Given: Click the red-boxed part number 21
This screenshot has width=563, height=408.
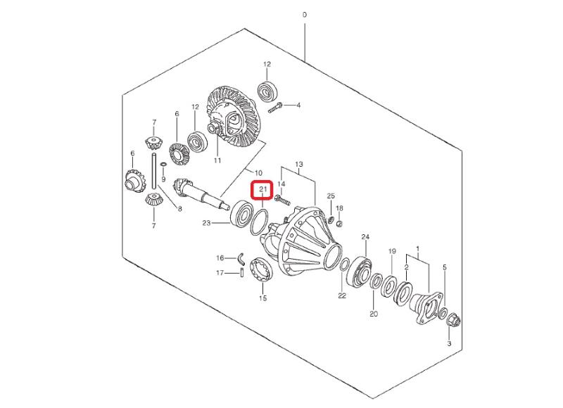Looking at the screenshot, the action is (x=262, y=189).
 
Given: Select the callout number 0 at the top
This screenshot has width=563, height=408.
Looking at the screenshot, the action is (x=305, y=15).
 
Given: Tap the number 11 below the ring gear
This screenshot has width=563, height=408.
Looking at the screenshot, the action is (x=217, y=160).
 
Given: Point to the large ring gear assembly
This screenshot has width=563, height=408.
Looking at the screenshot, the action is (x=232, y=116).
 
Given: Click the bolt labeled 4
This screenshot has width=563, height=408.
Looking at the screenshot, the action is (x=275, y=108).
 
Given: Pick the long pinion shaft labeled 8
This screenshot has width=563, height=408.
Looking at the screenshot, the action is (x=154, y=170).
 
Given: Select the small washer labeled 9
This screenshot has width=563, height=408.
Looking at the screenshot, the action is (x=163, y=165).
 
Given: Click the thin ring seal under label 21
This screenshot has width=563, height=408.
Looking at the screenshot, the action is (x=259, y=222).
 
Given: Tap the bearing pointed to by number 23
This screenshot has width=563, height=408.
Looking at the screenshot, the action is (x=242, y=216).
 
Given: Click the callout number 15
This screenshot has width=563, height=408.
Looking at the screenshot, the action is (x=262, y=298).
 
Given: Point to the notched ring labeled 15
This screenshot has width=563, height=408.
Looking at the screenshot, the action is (x=262, y=270).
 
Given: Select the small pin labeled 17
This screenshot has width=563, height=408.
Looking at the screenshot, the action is (x=242, y=273).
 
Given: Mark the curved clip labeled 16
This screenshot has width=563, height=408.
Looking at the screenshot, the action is (x=242, y=257).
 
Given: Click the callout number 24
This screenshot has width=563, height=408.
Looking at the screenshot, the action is (x=365, y=237).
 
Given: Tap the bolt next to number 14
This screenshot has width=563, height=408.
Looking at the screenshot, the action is (x=283, y=200).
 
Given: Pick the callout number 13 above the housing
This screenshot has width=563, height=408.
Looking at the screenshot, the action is (x=298, y=165).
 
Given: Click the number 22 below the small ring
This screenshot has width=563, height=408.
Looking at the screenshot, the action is (x=342, y=295).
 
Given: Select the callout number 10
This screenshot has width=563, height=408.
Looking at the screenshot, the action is (x=258, y=172).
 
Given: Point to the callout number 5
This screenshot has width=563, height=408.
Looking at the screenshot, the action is (x=445, y=267).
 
